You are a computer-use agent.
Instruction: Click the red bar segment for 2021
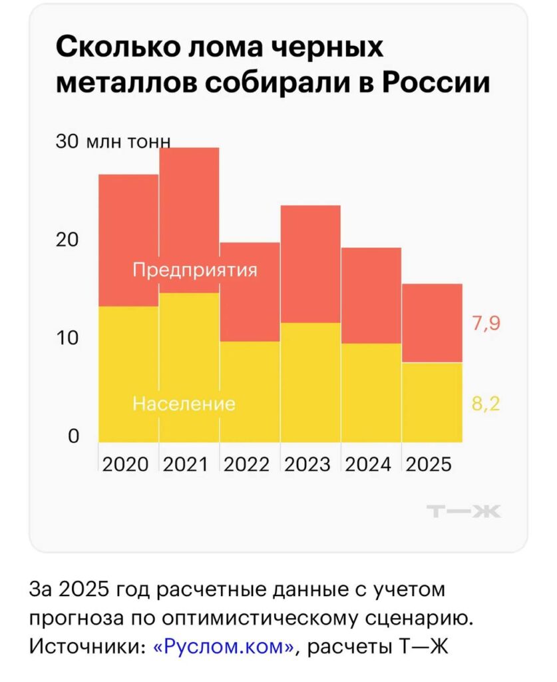189,220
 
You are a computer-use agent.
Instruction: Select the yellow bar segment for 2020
128,374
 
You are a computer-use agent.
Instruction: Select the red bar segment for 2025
432,322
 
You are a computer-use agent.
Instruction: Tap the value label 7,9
486,324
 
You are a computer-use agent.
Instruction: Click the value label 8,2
486,404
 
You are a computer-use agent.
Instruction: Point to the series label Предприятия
194,270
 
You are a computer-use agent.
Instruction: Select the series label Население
184,404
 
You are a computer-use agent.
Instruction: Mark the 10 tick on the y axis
67,338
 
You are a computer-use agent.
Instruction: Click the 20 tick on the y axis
67,240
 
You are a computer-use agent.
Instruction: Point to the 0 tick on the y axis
73,436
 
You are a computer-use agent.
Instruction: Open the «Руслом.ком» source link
224,647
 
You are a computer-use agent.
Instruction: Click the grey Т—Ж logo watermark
464,511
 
